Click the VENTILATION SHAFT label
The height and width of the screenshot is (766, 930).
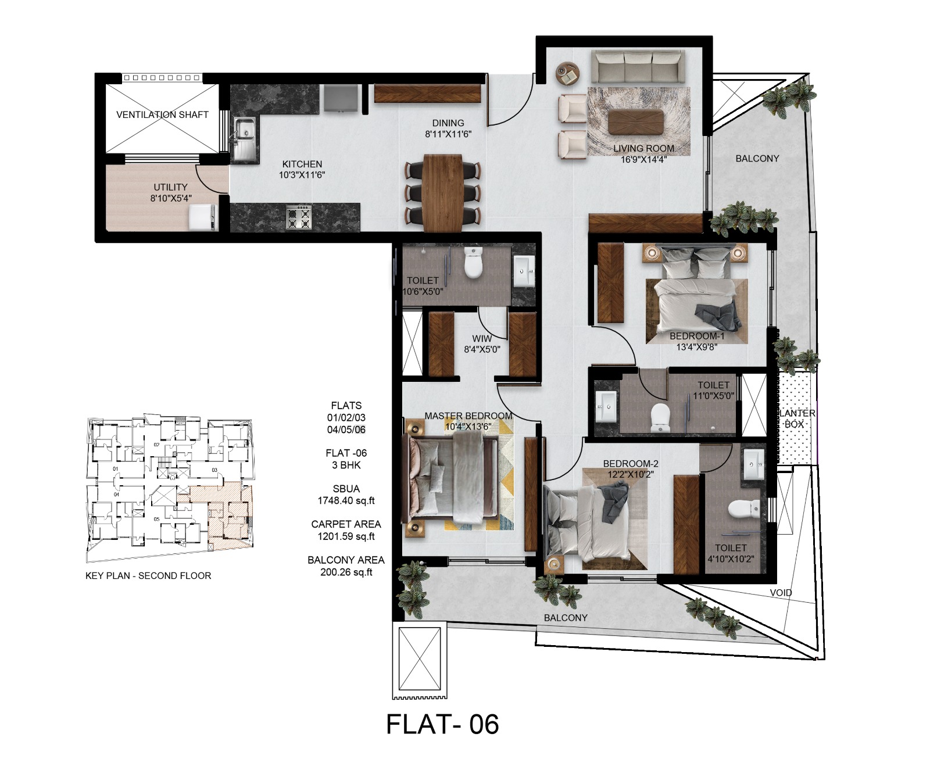[162, 114]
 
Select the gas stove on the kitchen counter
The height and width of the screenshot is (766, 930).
[299, 217]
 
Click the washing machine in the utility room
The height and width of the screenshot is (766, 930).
[203, 218]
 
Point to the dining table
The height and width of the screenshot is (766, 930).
[443, 192]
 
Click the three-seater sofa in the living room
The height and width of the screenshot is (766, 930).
[637, 66]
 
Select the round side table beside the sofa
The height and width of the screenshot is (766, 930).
[568, 73]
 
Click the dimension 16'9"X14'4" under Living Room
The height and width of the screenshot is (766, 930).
[643, 159]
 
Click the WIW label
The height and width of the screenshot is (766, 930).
[482, 338]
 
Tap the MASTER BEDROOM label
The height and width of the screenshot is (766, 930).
[468, 416]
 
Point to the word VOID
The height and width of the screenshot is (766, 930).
[781, 593]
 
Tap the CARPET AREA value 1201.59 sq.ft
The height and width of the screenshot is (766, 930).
[346, 536]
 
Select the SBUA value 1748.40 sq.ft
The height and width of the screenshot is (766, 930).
[346, 500]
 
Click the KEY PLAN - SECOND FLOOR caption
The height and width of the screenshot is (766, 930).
[148, 575]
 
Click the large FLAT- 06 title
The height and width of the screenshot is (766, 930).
[442, 725]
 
